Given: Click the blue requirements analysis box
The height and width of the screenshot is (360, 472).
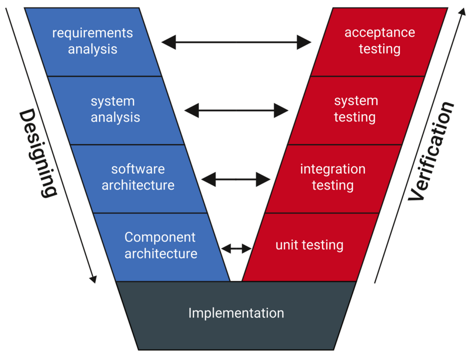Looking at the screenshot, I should [93, 41].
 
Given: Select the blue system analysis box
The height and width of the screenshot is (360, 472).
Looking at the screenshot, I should [115, 110].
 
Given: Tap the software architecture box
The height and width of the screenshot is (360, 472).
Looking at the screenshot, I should [138, 177].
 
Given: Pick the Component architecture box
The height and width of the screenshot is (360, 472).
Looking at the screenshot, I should [161, 246].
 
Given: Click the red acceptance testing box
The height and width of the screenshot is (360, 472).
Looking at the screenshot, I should [379, 41].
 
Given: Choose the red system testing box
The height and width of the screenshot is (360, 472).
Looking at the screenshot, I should [356, 110].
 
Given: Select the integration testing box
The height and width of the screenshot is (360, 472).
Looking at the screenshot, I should [333, 177].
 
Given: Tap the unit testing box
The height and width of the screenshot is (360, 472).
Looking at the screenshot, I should [309, 245].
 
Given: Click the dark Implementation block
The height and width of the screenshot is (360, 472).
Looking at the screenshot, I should [236, 313].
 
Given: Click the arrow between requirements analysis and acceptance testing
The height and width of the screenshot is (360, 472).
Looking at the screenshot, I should [236, 42].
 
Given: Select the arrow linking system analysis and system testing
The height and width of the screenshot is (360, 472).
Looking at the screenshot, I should [236, 111].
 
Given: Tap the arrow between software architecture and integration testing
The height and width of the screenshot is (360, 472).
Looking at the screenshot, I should [236, 179].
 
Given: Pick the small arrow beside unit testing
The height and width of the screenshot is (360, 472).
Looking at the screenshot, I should [236, 249].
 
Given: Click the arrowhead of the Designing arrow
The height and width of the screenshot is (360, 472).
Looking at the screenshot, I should [94, 279].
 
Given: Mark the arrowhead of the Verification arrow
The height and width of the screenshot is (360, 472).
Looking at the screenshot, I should [461, 11].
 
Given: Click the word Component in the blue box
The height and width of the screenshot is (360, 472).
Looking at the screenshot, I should [160, 237].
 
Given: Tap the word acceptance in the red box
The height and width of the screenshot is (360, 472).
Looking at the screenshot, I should [379, 33].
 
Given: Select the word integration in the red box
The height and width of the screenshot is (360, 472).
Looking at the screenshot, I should [333, 169].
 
